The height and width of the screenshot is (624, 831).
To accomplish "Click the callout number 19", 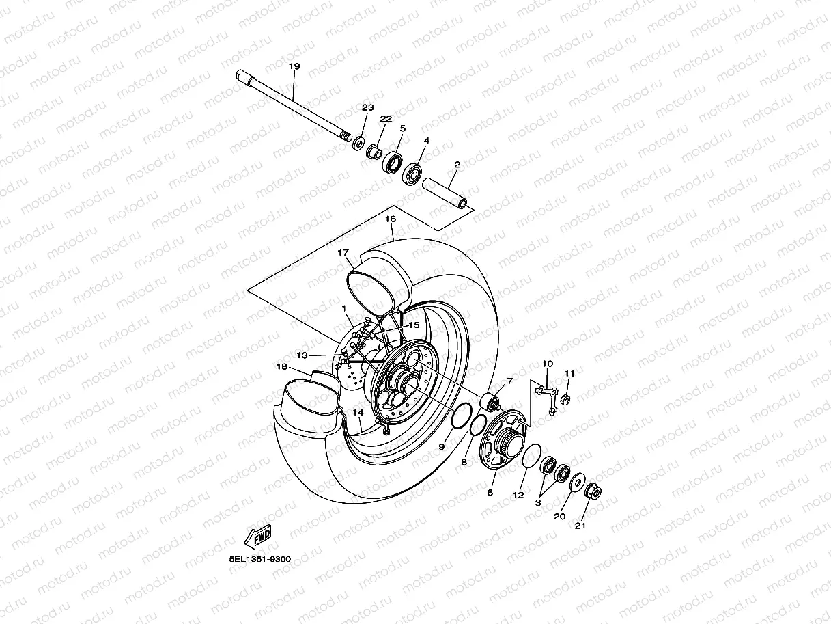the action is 294,66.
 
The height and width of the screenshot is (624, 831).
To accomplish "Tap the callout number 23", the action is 368,108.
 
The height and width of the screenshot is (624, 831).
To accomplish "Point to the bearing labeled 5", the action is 393,163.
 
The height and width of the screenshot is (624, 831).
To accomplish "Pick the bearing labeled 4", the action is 412,173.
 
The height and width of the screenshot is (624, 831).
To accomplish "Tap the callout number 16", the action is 391,219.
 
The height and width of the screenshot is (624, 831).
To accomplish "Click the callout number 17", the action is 343,252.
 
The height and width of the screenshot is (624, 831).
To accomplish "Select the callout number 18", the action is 282,366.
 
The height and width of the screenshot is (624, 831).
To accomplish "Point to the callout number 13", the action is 302,355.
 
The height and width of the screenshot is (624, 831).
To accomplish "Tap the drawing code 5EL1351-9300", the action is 260,559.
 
